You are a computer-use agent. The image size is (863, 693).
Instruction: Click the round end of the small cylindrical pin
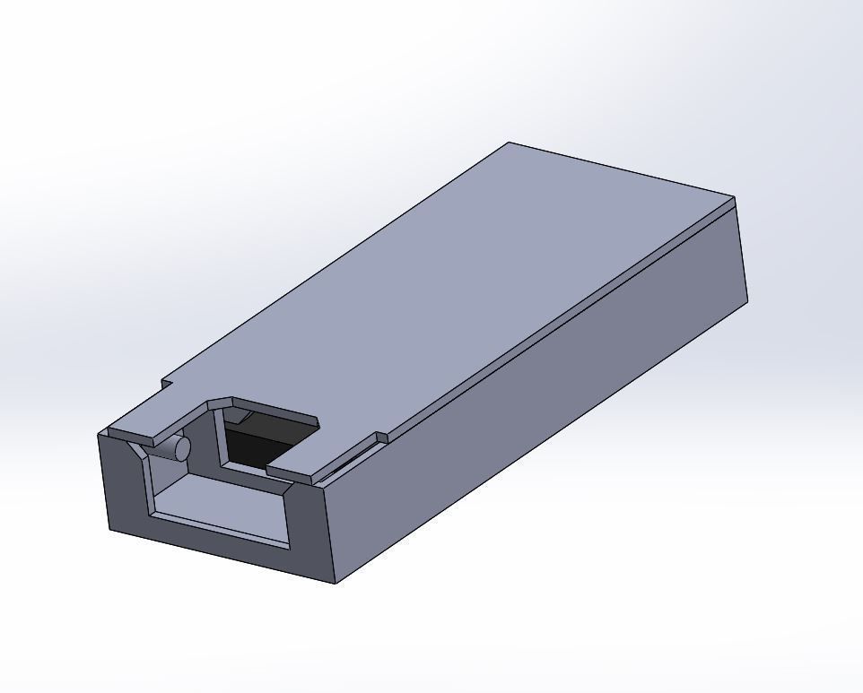[181, 447]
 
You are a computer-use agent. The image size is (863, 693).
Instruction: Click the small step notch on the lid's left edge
[166, 385]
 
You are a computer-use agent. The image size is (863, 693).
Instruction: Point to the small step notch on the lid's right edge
[381, 438]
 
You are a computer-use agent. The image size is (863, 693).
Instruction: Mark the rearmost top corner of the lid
[510, 143]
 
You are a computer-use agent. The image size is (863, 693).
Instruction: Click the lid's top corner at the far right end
[734, 197]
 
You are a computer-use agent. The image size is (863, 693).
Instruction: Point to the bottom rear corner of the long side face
[746, 300]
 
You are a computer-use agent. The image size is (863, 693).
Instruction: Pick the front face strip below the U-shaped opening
[215, 542]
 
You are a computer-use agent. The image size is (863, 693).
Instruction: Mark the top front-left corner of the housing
[99, 435]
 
